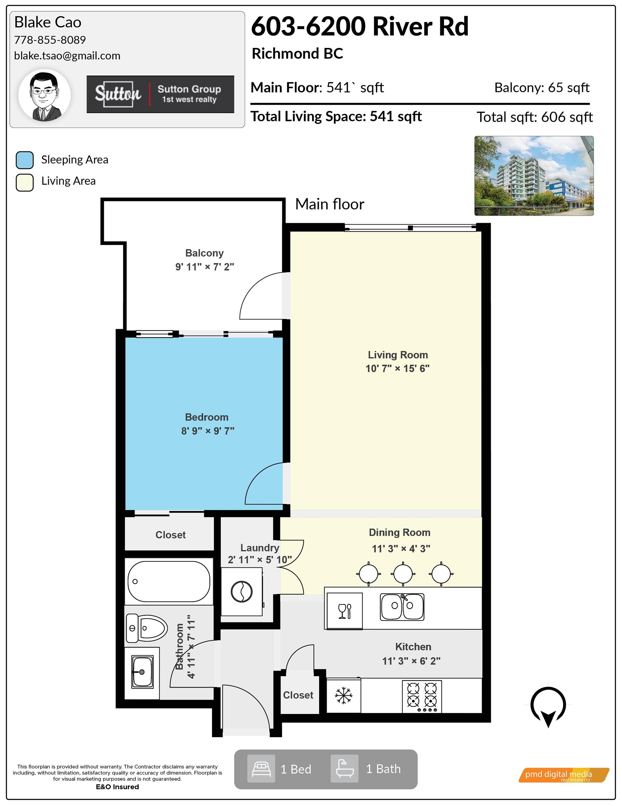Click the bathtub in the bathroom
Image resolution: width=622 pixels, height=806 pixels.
[x=168, y=581]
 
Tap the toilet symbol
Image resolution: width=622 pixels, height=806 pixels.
[x=147, y=628]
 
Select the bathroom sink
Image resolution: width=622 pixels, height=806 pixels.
[x=142, y=672]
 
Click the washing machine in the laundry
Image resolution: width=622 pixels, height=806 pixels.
[x=241, y=592]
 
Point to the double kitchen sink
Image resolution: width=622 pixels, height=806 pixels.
[x=402, y=607]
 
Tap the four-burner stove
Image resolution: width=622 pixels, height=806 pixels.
[x=422, y=697]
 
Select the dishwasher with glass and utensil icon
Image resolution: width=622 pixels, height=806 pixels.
[x=345, y=611]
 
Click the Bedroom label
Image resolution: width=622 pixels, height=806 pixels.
[x=207, y=417]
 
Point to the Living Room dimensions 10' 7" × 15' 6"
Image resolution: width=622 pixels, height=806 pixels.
[x=397, y=368]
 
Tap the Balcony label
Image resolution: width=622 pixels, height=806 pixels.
[x=204, y=253]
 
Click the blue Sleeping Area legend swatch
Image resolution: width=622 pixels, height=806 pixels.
[x=25, y=160]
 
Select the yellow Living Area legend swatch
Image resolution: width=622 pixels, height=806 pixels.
[x=25, y=182]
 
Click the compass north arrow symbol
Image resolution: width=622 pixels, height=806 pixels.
[x=548, y=706]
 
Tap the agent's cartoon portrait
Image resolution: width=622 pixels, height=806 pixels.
[x=45, y=96]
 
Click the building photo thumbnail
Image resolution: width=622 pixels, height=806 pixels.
[x=534, y=176]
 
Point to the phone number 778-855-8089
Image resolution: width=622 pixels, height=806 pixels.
[x=50, y=40]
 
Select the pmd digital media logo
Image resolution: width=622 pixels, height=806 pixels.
[x=564, y=775]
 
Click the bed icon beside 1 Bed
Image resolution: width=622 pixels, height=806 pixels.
[x=261, y=769]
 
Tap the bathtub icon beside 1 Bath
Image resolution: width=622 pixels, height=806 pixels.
[x=344, y=769]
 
